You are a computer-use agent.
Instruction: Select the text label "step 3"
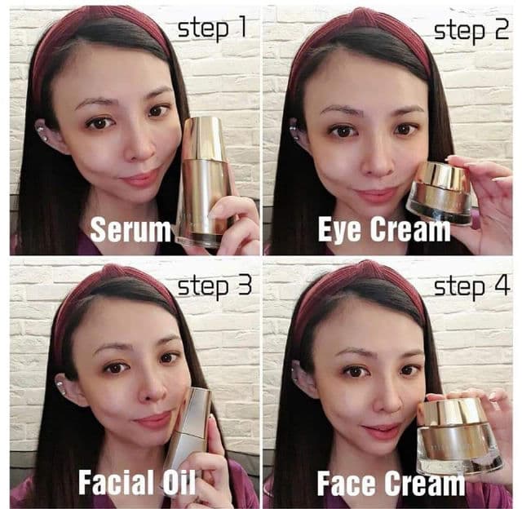click(x=214, y=288)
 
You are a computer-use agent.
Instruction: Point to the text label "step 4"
click(x=471, y=286)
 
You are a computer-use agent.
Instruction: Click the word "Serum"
click(x=130, y=229)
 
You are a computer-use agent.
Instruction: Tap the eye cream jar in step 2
click(x=440, y=193)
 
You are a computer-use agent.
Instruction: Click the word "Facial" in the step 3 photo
click(x=114, y=483)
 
